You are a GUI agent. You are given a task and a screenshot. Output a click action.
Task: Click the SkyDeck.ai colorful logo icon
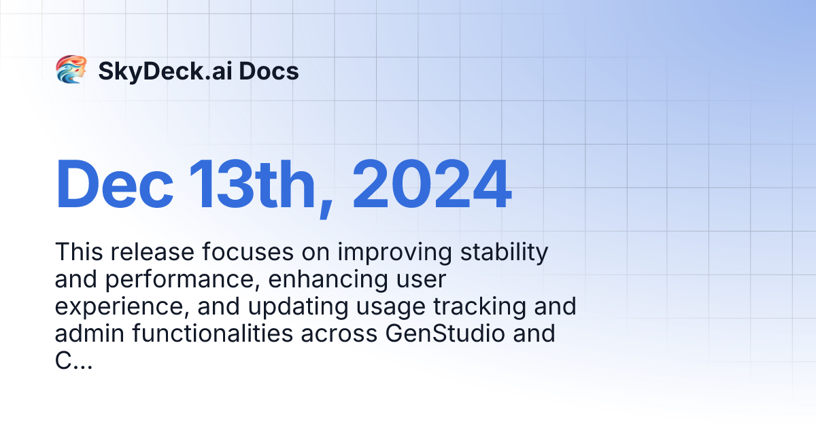[71, 70]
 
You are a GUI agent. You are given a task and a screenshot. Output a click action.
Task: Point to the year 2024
[431, 185]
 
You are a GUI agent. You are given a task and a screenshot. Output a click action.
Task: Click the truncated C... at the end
[73, 361]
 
